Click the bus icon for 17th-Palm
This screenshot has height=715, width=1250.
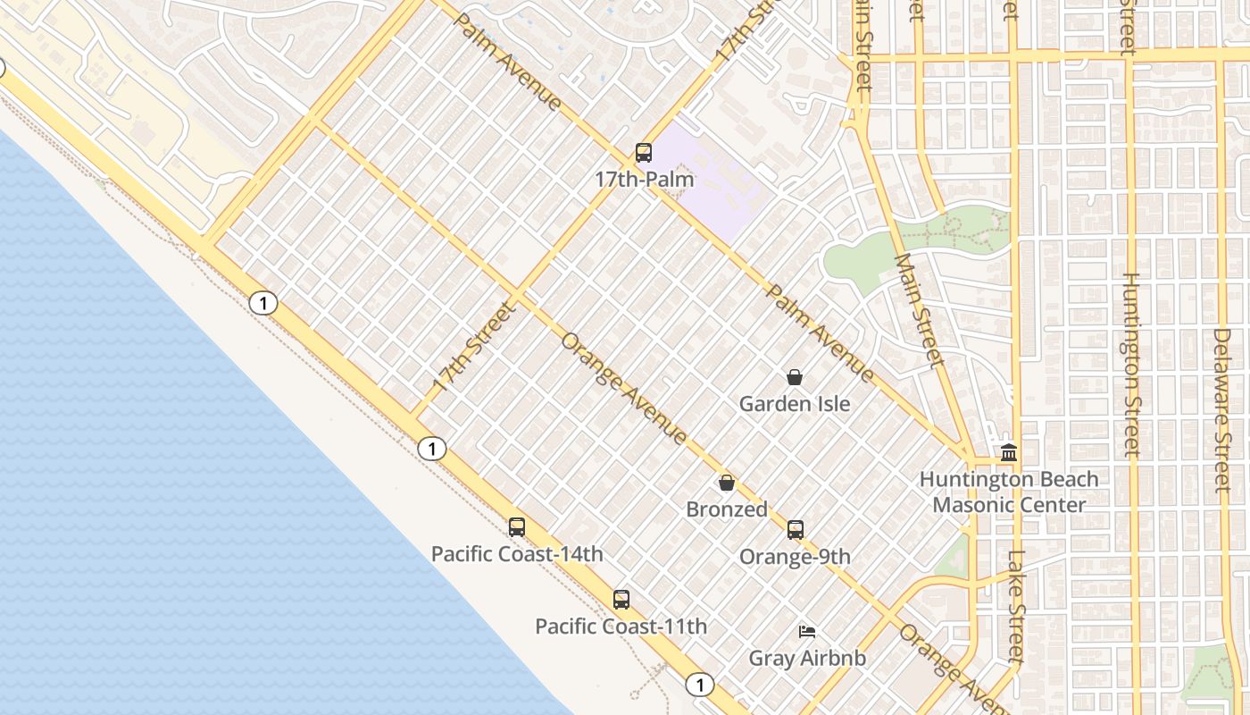pos(644,153)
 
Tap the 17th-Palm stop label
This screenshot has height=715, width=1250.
pos(644,179)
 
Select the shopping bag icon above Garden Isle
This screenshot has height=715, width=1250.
pos(795,378)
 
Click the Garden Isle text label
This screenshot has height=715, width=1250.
pos(795,404)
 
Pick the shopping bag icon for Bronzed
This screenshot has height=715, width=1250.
pos(727,484)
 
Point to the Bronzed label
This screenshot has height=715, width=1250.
pos(727,509)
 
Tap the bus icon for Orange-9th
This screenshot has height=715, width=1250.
pos(796,530)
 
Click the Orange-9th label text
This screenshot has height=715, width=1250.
pos(795,557)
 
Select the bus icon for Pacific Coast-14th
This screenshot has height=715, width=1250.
pos(517,527)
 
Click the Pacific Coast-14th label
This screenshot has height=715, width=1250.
pos(517,554)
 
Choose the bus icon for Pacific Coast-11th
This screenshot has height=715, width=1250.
pos(621,600)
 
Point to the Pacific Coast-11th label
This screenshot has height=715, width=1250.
pos(621,627)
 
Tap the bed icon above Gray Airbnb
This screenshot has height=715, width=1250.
pos(807,632)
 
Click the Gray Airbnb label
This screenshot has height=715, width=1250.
pos(807,659)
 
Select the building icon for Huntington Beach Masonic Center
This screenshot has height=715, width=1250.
pos(1009,453)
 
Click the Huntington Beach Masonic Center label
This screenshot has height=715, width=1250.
pos(1009,492)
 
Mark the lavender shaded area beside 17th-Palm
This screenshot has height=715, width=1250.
pos(714,179)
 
